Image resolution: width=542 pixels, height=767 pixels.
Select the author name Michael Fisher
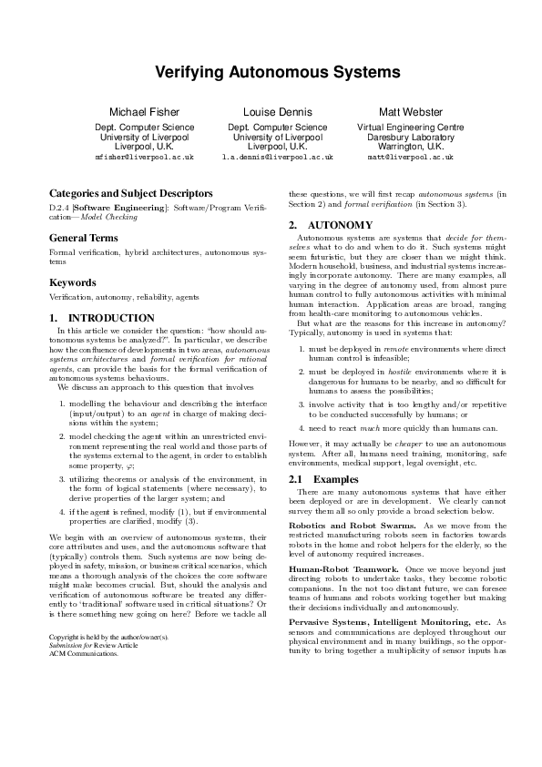144,112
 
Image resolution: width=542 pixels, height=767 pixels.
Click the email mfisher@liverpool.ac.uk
144,158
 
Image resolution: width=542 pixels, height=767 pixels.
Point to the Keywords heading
72,283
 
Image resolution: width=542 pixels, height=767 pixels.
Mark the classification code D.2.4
59,209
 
